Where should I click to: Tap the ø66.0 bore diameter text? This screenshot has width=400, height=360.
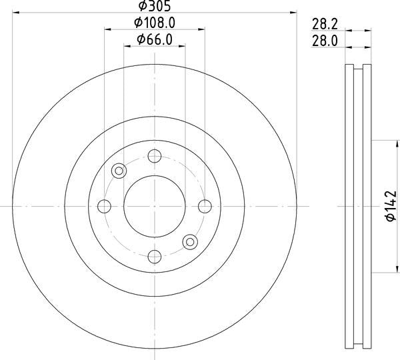click(155, 39)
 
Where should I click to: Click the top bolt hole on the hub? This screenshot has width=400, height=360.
click(155, 157)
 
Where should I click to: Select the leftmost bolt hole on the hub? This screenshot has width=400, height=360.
click(105, 206)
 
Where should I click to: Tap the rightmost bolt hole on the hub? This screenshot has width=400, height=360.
click(205, 206)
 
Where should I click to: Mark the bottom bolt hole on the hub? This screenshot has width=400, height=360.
click(155, 256)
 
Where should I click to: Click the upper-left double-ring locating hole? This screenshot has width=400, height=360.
click(119, 171)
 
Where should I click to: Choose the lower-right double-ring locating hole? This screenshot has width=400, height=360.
click(190, 241)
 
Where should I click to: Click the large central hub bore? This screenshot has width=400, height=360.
click(155, 206)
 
